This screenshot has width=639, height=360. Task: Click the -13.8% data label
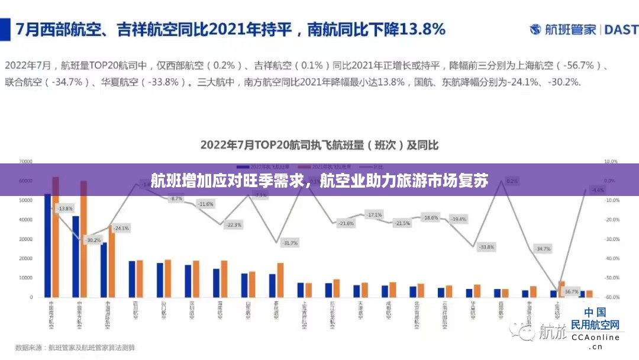65,208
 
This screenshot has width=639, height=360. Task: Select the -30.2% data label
93,240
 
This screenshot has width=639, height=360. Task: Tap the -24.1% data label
121,228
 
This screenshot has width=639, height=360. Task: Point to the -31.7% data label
290,243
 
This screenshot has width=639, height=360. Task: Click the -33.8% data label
486,246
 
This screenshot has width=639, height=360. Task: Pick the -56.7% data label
572,292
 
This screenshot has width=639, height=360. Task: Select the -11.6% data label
206,204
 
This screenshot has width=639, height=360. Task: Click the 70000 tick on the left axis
25,161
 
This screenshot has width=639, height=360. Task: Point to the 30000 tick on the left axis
25,239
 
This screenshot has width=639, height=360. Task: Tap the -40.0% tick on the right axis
612,258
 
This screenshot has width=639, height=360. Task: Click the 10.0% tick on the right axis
611,161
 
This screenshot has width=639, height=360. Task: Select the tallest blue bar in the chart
47,245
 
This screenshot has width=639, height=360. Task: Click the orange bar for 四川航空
140,278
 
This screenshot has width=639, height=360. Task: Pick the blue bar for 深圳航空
188,281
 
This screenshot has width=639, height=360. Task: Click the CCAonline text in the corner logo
595,337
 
